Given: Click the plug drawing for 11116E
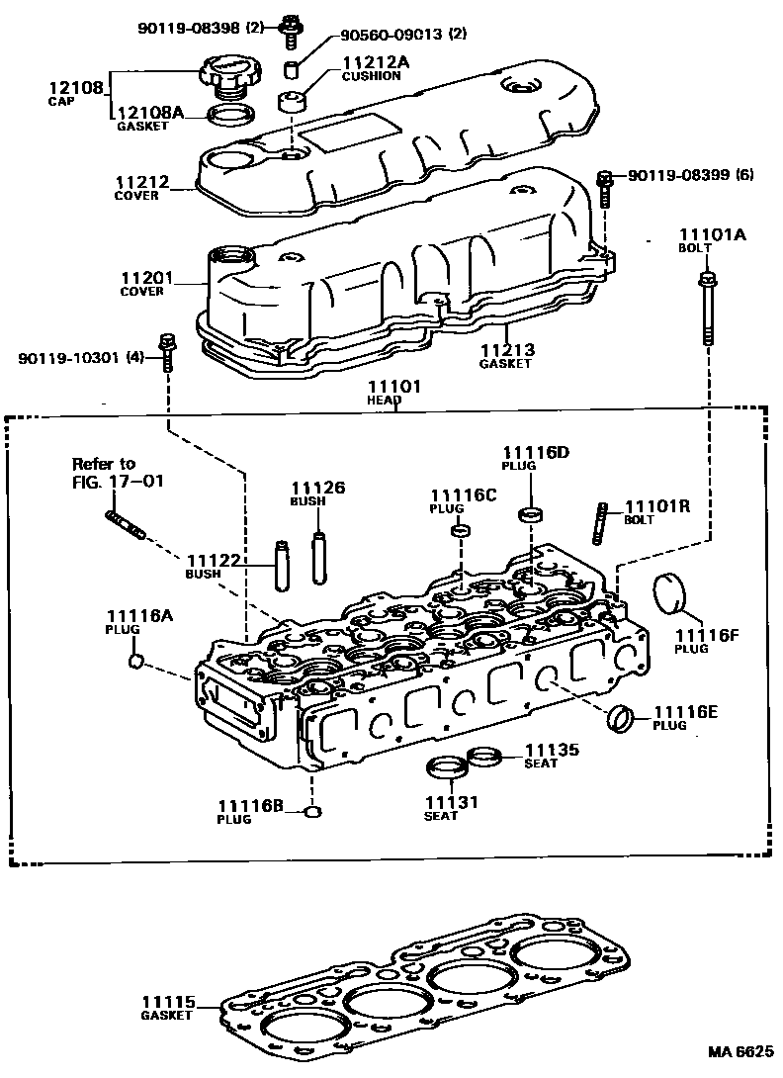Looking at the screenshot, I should (623, 719).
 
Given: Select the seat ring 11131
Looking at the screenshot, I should (448, 767).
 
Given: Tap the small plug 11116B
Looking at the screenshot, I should (314, 813).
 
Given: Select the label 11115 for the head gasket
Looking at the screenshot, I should (171, 1001).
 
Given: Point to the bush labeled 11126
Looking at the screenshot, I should (317, 559).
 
